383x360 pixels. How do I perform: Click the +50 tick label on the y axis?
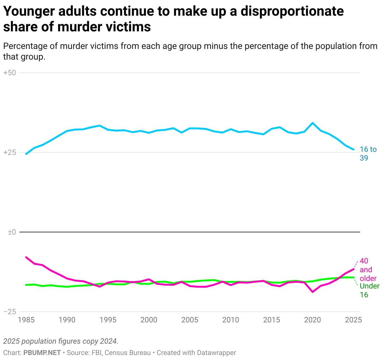(x=9, y=73)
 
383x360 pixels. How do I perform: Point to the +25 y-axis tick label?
(x=9, y=152)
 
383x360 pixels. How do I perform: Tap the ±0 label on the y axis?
(x=12, y=232)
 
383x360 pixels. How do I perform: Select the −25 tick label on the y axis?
(x=9, y=312)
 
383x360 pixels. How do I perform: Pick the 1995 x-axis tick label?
(x=108, y=320)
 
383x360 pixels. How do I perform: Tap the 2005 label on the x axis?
(x=190, y=320)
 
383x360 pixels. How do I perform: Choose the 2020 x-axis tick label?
(x=313, y=320)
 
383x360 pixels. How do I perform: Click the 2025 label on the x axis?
(x=353, y=320)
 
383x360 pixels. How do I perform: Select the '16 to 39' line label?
(x=368, y=154)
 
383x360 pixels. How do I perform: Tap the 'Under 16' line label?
(x=369, y=290)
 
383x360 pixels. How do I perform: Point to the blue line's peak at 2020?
(x=312, y=123)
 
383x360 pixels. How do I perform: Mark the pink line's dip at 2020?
(x=312, y=292)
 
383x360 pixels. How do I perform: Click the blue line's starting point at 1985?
(x=26, y=154)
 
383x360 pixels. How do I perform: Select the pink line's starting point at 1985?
(x=26, y=257)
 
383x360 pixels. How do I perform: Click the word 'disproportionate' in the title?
(x=292, y=12)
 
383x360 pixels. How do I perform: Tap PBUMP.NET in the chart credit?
(x=42, y=353)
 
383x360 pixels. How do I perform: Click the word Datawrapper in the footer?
(x=216, y=353)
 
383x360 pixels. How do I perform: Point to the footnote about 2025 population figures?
(x=61, y=341)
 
